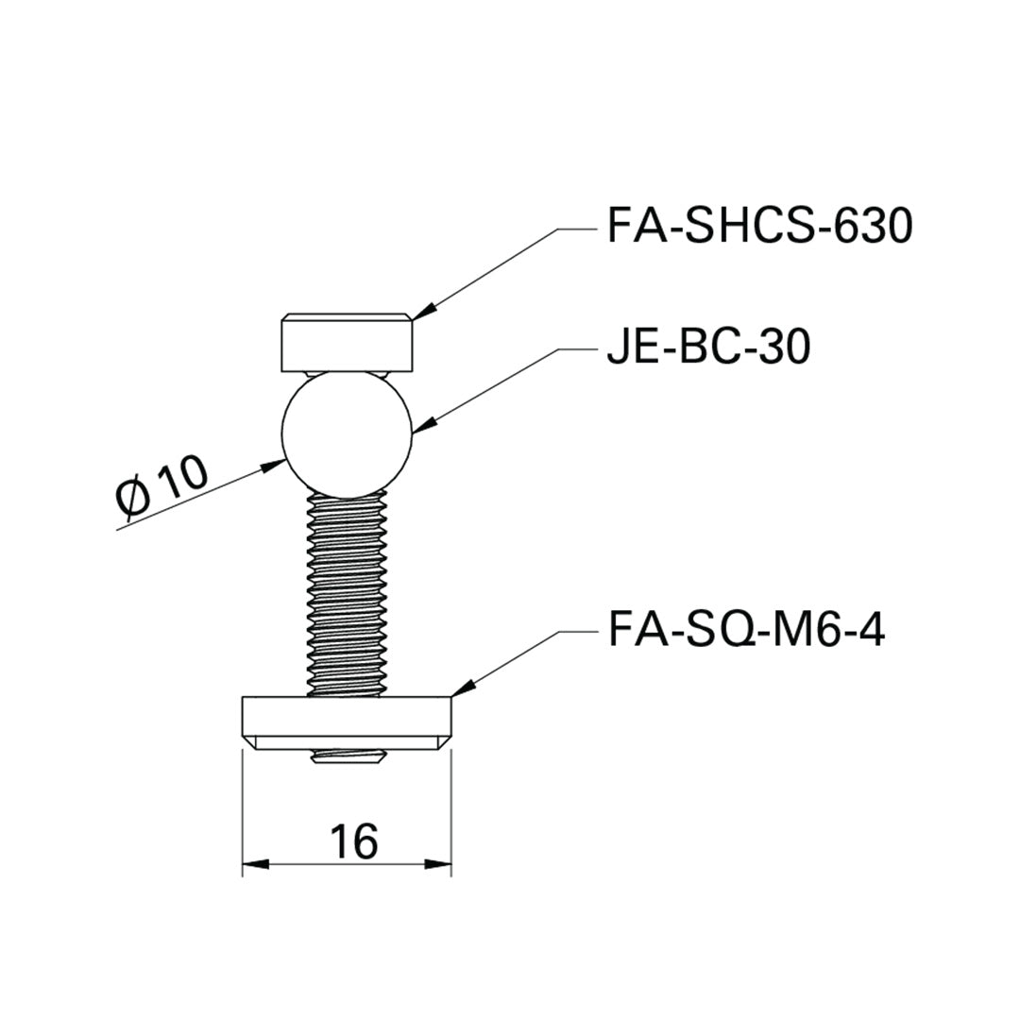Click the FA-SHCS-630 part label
(758, 228)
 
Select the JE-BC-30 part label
(706, 348)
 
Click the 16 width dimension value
(354, 840)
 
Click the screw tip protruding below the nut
(348, 757)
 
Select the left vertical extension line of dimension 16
(243, 812)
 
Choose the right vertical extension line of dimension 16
(451, 812)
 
